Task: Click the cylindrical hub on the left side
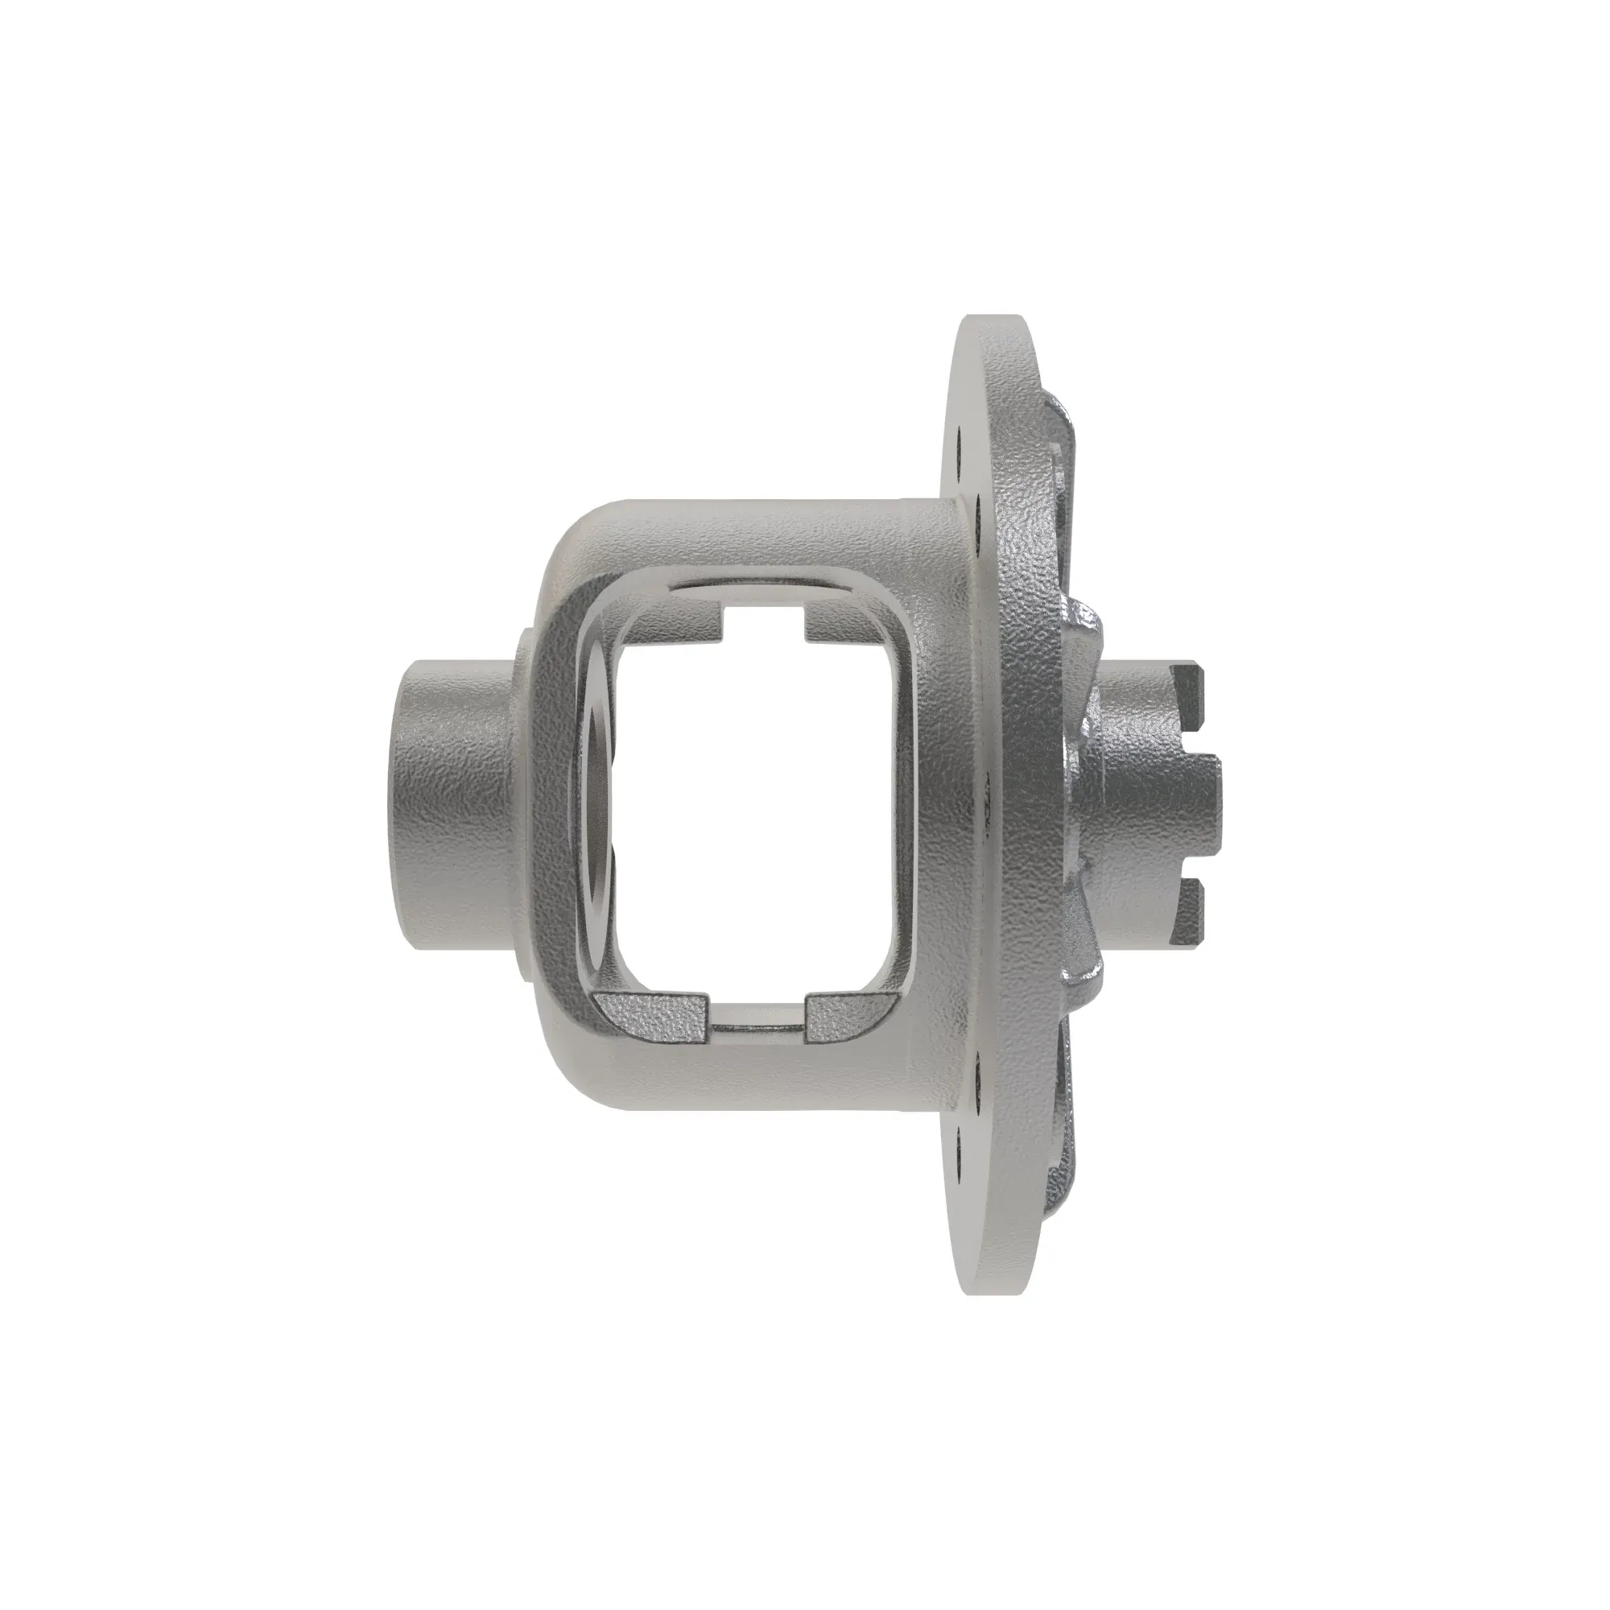coord(450,804)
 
